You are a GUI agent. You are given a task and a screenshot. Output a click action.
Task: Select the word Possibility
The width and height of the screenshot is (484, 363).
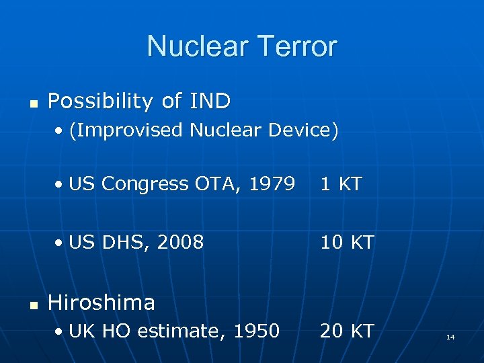point(101,102)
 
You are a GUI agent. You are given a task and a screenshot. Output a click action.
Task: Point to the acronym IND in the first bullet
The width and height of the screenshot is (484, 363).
point(209,102)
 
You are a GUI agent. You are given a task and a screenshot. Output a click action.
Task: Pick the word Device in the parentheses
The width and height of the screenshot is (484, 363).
point(303,130)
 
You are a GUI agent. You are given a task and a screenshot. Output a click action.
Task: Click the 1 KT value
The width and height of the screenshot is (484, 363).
point(341,184)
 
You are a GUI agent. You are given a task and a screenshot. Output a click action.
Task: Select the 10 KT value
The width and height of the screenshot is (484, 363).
point(347,242)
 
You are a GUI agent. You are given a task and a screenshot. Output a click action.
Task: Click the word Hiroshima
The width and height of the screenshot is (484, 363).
point(102,302)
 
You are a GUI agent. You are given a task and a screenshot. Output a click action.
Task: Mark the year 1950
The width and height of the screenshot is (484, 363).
point(257,331)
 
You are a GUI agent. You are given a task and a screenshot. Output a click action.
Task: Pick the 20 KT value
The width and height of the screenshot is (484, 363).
point(347,331)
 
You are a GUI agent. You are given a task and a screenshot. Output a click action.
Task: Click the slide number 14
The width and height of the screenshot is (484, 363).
point(450,336)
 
